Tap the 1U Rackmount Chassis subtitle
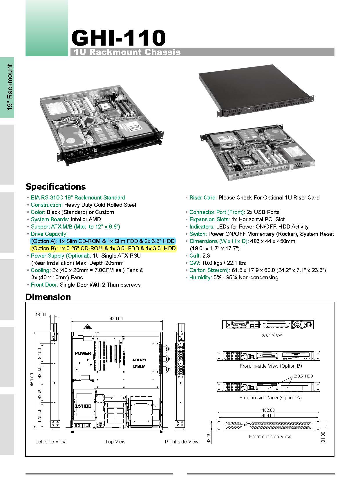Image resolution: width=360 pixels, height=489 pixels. tap(127, 52)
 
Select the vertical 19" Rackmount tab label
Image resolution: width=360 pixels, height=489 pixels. tap(10, 87)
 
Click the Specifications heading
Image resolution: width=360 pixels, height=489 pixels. tap(56, 187)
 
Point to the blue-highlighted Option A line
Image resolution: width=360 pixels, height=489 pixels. tap(103, 241)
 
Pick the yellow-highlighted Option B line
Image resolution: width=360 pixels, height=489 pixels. tap(103, 249)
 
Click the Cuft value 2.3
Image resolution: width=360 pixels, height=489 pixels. tap(206, 256)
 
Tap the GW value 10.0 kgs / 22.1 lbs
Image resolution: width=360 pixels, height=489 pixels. tap(224, 263)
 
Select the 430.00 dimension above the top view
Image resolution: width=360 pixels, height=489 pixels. tap(116, 319)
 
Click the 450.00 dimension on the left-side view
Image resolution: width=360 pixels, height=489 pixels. tap(32, 380)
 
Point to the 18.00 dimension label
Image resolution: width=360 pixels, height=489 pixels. tap(41, 314)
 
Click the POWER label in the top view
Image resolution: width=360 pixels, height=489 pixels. tap(83, 353)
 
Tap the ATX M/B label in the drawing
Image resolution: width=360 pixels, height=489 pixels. tap(139, 360)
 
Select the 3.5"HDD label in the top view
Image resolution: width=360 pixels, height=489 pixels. tap(83, 406)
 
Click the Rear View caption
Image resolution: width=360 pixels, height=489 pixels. tap(270, 335)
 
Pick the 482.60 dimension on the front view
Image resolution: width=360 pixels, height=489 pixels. tap(268, 410)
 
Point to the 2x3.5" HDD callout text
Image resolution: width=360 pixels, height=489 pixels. tap(303, 376)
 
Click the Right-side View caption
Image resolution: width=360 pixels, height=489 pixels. tap(182, 442)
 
